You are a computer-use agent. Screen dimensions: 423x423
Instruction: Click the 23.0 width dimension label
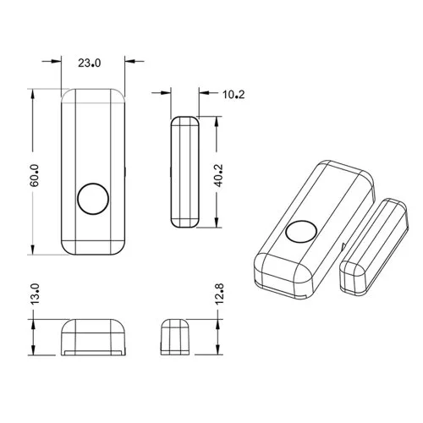(x=89, y=63)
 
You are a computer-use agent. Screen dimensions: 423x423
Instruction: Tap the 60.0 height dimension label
(x=35, y=175)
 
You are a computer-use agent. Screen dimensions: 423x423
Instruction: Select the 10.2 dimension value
(x=233, y=95)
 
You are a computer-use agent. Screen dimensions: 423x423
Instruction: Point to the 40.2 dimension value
(x=218, y=175)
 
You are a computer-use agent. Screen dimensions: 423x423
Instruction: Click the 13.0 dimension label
(x=35, y=294)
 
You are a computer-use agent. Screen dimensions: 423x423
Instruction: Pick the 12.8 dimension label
(x=219, y=294)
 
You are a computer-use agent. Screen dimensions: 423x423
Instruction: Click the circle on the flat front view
(x=93, y=199)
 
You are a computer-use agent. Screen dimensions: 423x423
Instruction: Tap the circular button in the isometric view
(x=301, y=232)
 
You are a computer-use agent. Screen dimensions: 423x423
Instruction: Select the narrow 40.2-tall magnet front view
(x=184, y=172)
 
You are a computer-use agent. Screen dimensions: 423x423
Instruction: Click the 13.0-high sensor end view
(x=93, y=338)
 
